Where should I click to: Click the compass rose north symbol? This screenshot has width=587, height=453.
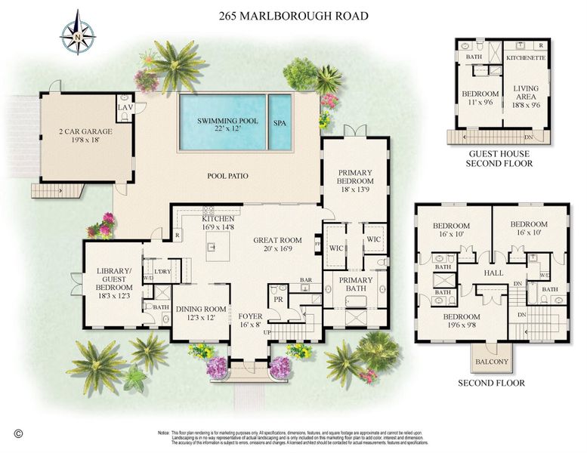[x=78, y=32]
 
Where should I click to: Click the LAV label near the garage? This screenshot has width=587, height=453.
[x=125, y=108]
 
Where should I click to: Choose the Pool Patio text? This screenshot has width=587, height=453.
[x=227, y=176]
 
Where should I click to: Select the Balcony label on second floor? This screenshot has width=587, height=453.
[x=491, y=362]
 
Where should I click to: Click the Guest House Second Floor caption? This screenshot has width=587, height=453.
[x=499, y=158]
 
